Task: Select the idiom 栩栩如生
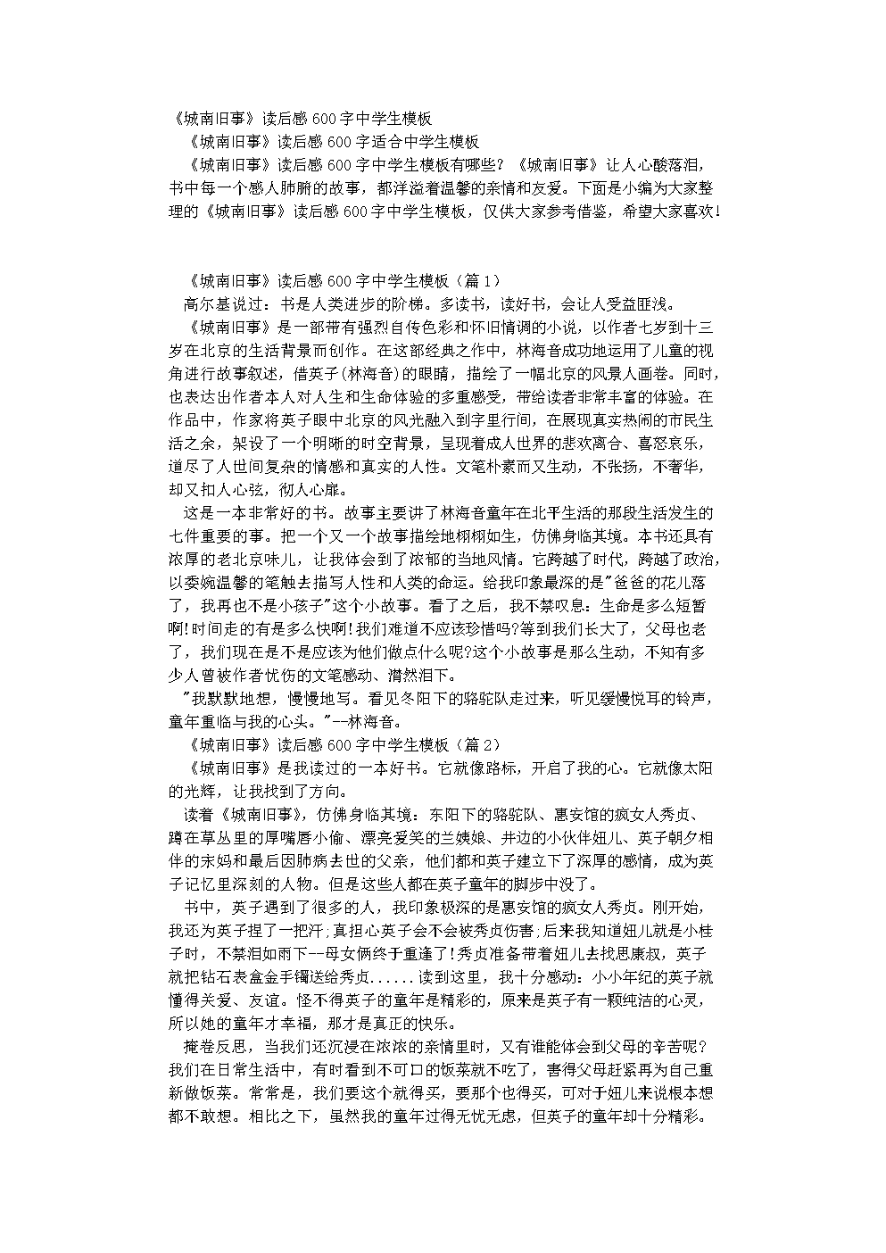click(469, 536)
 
